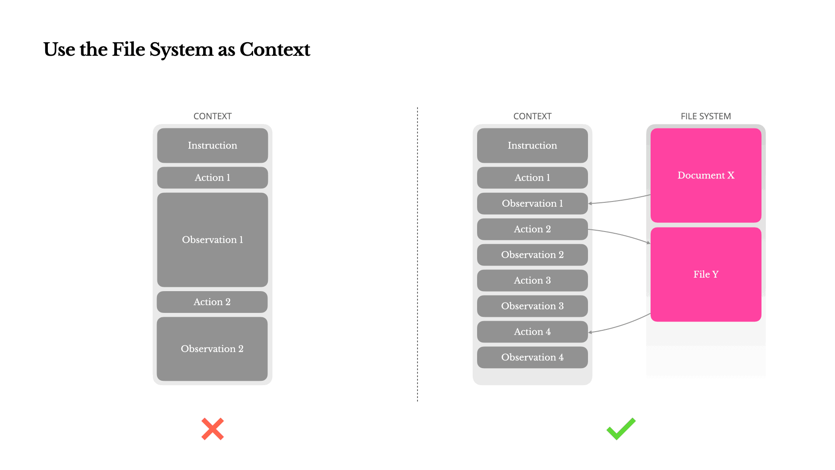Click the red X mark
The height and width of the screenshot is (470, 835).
pos(212,429)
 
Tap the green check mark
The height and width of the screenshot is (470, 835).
pos(621,429)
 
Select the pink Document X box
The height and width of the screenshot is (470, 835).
pos(705,175)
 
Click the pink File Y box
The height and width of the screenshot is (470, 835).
pos(705,274)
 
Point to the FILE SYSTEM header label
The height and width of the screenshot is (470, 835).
pos(705,116)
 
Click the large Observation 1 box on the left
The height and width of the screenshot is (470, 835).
pos(212,240)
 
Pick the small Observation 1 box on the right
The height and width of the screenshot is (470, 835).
pos(532,203)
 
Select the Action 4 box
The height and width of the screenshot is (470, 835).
pos(532,332)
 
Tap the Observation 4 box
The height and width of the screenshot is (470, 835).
pos(532,357)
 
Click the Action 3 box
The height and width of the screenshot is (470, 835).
pos(532,280)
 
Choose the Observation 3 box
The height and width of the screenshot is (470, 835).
pos(532,306)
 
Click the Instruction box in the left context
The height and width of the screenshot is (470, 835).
pos(212,145)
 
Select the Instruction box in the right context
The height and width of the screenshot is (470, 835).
pos(532,145)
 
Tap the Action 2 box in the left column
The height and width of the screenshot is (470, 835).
pos(212,302)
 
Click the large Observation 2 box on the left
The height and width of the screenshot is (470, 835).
pos(212,349)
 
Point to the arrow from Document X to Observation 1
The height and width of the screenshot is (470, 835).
pos(620,200)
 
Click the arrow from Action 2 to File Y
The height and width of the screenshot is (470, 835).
pos(620,234)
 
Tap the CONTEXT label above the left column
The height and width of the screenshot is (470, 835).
pos(212,116)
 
